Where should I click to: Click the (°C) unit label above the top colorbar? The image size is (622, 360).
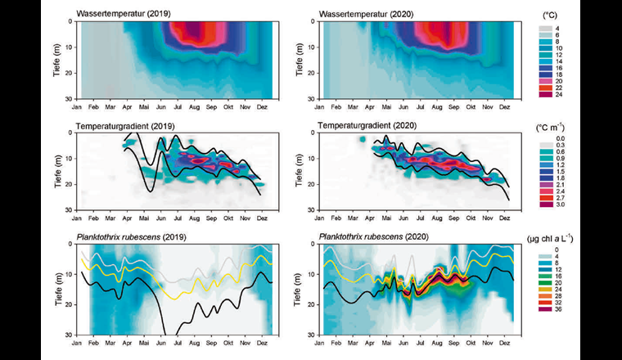(x=574, y=15)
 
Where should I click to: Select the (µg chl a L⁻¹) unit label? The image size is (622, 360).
(x=579, y=238)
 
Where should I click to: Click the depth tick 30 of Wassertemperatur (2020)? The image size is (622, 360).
(x=313, y=98)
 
